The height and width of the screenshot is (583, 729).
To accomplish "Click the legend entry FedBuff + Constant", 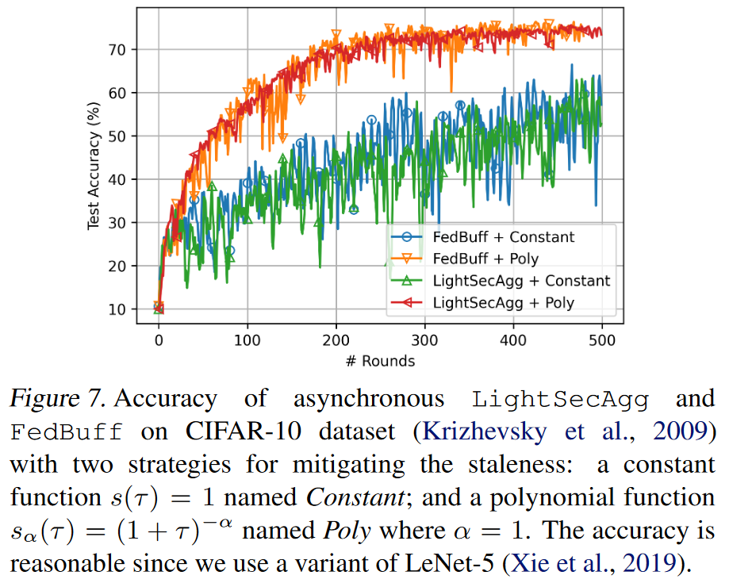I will click(504, 237).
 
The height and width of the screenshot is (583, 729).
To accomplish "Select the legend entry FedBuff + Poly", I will click(485, 259).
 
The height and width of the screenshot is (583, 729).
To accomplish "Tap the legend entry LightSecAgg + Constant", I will click(521, 280).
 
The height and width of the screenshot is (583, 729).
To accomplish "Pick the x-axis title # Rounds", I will click(379, 361).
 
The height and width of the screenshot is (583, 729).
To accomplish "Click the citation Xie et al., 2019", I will click(602, 564).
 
